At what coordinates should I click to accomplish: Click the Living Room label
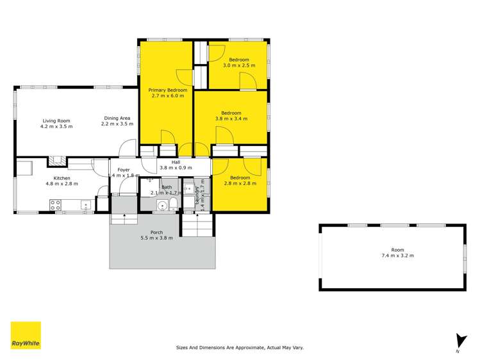coord(56,120)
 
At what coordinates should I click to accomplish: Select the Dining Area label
coord(118,118)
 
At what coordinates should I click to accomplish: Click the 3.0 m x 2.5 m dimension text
coord(239,65)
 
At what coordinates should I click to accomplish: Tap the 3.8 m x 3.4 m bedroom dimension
coord(231,119)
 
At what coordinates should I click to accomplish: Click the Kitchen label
coord(62,178)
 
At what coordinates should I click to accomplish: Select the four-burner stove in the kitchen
coord(56,205)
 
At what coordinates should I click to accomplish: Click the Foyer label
coord(124,170)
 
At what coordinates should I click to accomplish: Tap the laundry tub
coord(189,190)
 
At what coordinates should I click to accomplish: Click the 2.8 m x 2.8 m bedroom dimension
coord(240,183)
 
